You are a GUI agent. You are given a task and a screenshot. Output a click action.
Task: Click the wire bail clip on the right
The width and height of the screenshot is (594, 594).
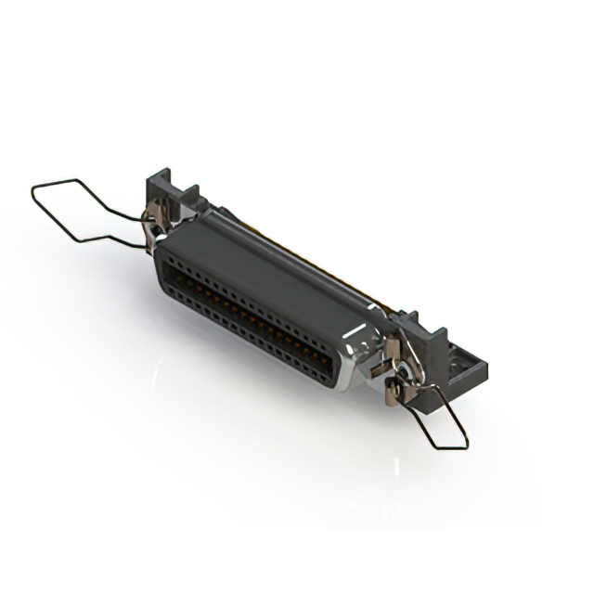coord(436,418)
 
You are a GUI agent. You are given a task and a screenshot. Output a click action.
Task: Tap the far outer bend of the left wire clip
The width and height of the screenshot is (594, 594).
coord(34,192)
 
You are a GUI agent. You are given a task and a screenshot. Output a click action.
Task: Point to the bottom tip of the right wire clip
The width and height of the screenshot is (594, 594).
coord(461,446)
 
